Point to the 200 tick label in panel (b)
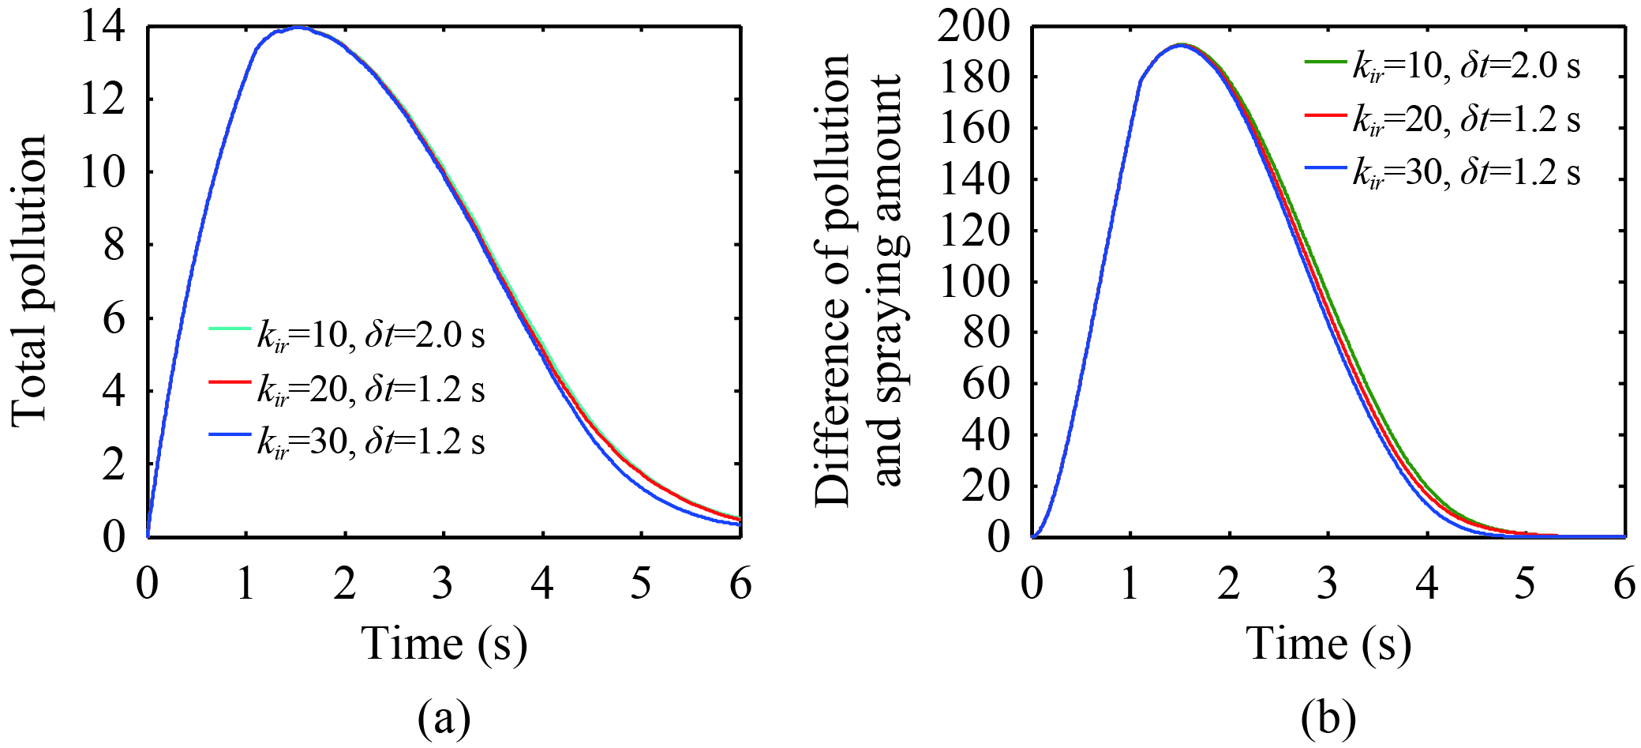click(x=974, y=28)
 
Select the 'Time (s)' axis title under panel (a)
click(x=444, y=643)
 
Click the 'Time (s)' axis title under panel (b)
click(x=1328, y=643)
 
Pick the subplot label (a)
click(x=444, y=718)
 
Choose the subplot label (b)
click(x=1328, y=718)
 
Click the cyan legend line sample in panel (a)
click(x=230, y=328)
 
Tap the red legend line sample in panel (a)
click(x=230, y=382)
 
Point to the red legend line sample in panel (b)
click(x=1325, y=114)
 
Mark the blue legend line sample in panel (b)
click(x=1325, y=167)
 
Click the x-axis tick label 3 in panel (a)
click(x=443, y=584)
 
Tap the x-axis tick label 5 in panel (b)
click(x=1525, y=584)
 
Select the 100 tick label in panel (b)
click(x=974, y=282)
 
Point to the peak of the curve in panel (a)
click(x=298, y=28)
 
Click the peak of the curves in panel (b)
click(x=1181, y=45)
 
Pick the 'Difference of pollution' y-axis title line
click(x=832, y=280)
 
